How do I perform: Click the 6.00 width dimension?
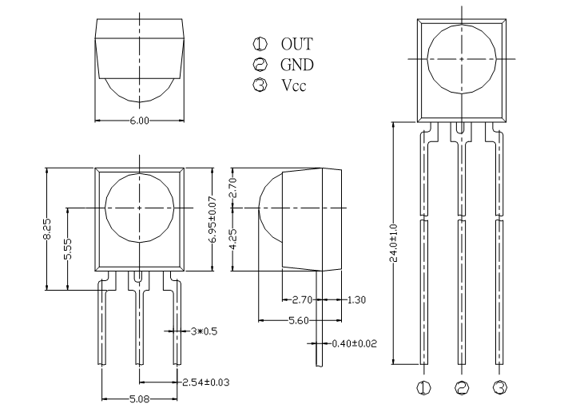point(139,121)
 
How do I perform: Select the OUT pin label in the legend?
point(296,44)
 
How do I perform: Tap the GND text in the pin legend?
point(297,65)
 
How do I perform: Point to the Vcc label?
point(294,85)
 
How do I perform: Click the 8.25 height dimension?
point(48,228)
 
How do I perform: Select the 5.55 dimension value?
point(68,249)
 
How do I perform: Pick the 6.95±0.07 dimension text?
point(213,220)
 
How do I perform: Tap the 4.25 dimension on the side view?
point(233,240)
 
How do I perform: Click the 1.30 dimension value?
point(356,299)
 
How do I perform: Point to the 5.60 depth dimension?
point(299,320)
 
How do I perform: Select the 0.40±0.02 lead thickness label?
point(355,343)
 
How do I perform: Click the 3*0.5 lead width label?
point(204,331)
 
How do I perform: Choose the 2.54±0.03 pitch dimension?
point(206,382)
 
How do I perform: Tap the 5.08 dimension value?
point(139,398)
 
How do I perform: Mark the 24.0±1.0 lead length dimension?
point(394,243)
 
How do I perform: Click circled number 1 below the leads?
point(423,387)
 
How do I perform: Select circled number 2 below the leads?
point(462,387)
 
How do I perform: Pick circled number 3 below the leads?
point(499,387)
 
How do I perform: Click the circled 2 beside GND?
point(260,65)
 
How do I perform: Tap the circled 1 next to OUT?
point(260,44)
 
